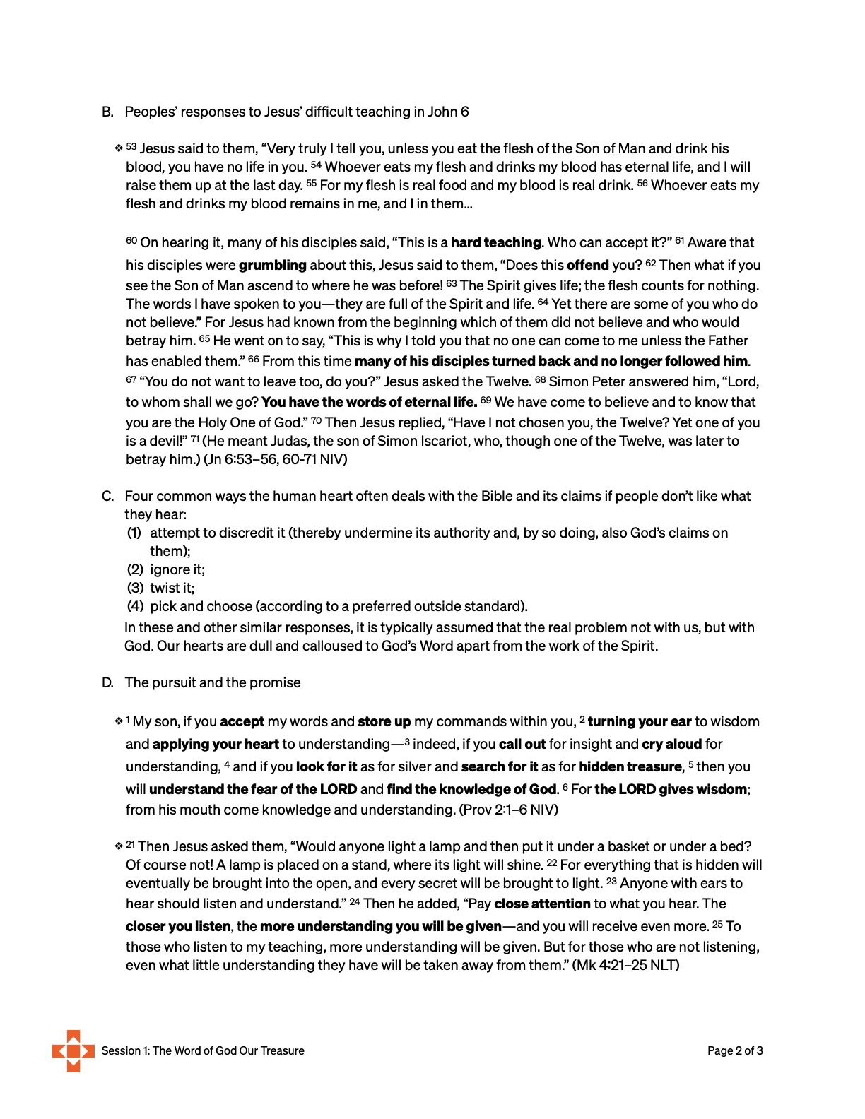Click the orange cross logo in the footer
tap(73, 1050)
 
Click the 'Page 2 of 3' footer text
tap(735, 1050)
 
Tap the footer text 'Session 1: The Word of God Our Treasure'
tap(203, 1050)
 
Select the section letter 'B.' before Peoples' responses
tap(108, 112)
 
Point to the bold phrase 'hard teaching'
tap(496, 242)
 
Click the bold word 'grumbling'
tap(273, 265)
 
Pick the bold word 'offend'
tap(588, 265)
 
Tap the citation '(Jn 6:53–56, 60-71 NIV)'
tap(276, 459)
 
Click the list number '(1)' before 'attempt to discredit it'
tap(134, 533)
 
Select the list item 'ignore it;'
tap(177, 569)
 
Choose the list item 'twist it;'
tap(172, 588)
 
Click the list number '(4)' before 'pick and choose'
tap(135, 606)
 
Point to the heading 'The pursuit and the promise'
tap(213, 682)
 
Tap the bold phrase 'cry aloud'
tap(672, 744)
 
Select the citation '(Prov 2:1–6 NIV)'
tap(509, 810)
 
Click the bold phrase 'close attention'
tap(542, 904)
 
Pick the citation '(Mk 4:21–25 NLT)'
tap(626, 965)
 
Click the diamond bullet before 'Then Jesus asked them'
tap(119, 846)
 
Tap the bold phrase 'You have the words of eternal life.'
tap(370, 402)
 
